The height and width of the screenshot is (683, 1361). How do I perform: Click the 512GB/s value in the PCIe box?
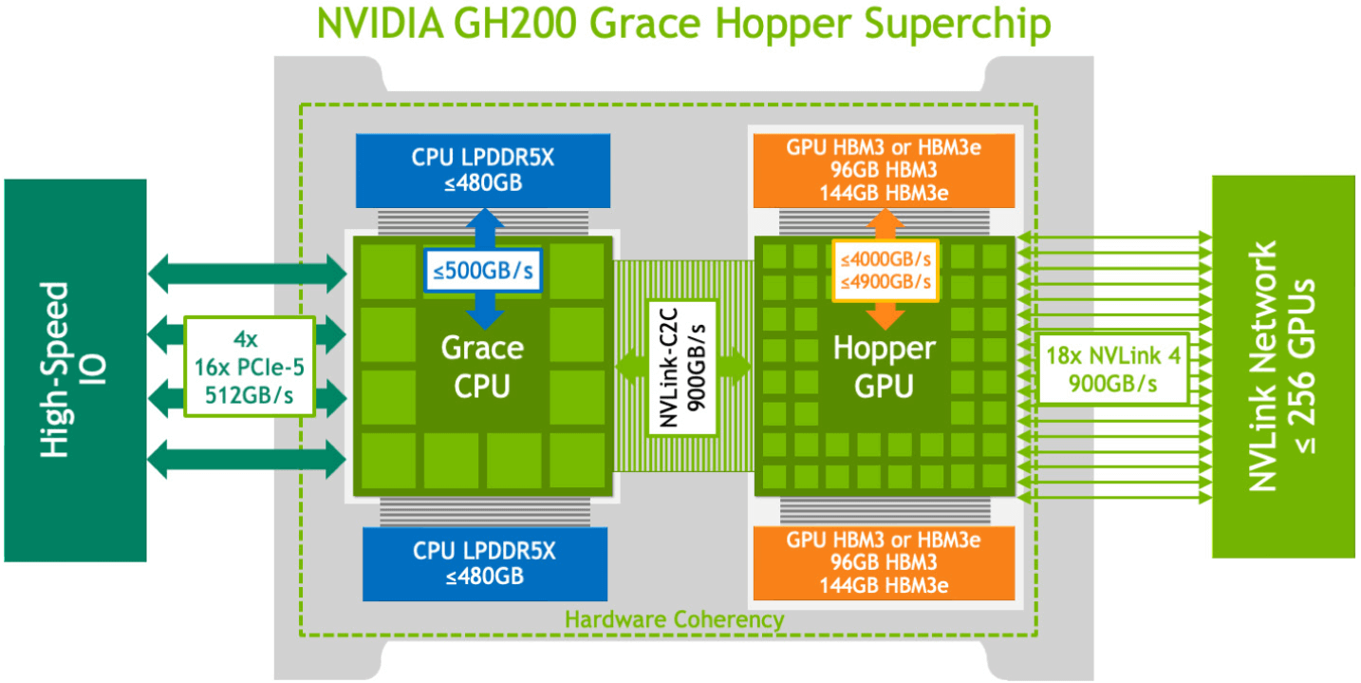(x=250, y=393)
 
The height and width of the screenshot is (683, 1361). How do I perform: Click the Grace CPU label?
(x=481, y=367)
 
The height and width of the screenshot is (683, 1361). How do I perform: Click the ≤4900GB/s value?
(x=885, y=281)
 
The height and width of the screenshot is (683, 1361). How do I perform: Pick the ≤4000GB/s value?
(x=885, y=258)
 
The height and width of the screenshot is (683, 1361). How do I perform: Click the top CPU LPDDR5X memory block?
(x=483, y=168)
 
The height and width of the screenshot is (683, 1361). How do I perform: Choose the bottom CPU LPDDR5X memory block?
(x=484, y=563)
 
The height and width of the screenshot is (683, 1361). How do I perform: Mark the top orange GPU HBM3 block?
(x=884, y=169)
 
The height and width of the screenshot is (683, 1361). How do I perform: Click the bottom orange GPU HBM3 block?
(x=884, y=562)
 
